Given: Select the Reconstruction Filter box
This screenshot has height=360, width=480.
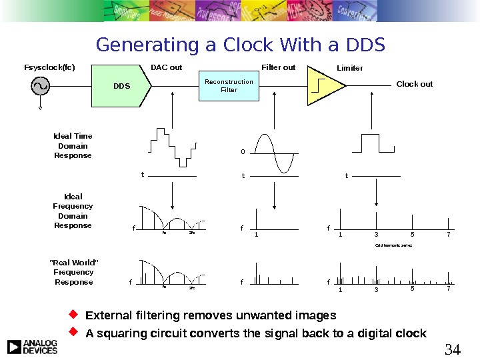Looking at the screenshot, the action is [x=229, y=86].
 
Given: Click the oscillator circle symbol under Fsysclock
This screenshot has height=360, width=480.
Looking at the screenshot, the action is [x=41, y=86].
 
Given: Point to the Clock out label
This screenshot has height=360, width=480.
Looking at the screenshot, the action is [x=414, y=84].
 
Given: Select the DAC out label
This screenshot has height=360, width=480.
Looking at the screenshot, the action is [x=166, y=67].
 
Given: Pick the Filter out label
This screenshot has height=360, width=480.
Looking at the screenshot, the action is [x=278, y=67].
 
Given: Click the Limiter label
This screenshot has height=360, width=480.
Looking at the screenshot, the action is [x=350, y=68].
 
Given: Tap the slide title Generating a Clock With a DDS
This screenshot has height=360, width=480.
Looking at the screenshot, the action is [x=241, y=45].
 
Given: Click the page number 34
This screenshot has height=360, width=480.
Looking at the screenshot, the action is [x=452, y=348].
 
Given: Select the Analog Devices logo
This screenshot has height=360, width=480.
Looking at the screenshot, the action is [x=32, y=347].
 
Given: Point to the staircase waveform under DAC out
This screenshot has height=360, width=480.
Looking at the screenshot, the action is [x=173, y=146].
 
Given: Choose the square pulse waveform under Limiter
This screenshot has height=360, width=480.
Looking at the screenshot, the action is [x=369, y=143].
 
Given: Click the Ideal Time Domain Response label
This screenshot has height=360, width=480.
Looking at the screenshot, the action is [x=73, y=146].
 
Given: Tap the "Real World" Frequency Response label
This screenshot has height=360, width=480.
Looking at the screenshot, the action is [x=73, y=272].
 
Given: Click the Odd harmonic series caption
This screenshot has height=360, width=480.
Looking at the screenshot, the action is [x=394, y=245].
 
